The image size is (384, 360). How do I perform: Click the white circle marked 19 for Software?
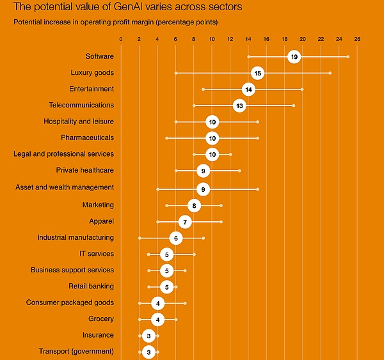coord(294,57)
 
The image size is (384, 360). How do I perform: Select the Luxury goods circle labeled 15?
coord(257,73)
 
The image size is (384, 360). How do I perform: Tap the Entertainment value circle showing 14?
coord(248,90)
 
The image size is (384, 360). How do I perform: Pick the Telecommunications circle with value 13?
coord(239,106)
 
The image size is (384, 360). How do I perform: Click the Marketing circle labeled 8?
coord(194,205)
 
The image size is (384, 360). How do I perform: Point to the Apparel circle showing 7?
coord(185,222)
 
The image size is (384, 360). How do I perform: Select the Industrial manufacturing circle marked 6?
coord(176,238)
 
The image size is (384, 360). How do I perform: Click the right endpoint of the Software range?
coord(348,57)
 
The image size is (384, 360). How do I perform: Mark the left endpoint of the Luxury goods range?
coord(176,73)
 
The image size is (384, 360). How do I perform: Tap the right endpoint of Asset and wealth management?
coord(257,189)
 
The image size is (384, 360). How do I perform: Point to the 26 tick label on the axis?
coord(357,40)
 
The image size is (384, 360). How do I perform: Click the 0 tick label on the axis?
coord(121,40)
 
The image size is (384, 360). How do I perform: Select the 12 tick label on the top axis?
coord(230,40)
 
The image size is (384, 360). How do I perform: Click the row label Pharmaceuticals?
coord(87,137)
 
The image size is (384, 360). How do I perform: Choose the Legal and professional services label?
coord(63,154)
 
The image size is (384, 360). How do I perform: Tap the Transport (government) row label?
coord(76,352)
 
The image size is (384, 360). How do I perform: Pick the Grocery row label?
coord(101,318)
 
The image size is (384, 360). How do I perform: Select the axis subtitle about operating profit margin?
coord(115,22)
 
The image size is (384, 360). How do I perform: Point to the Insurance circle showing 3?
coord(148,335)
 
